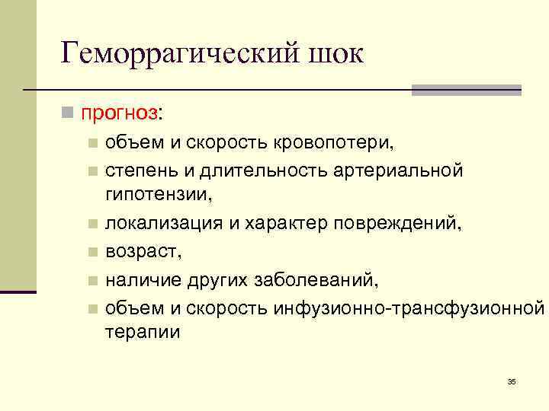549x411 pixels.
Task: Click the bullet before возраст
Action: [x=91, y=250]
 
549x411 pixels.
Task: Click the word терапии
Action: [x=143, y=333]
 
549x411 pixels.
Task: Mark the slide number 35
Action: [x=511, y=381]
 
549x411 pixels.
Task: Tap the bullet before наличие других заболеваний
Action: [x=91, y=279]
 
